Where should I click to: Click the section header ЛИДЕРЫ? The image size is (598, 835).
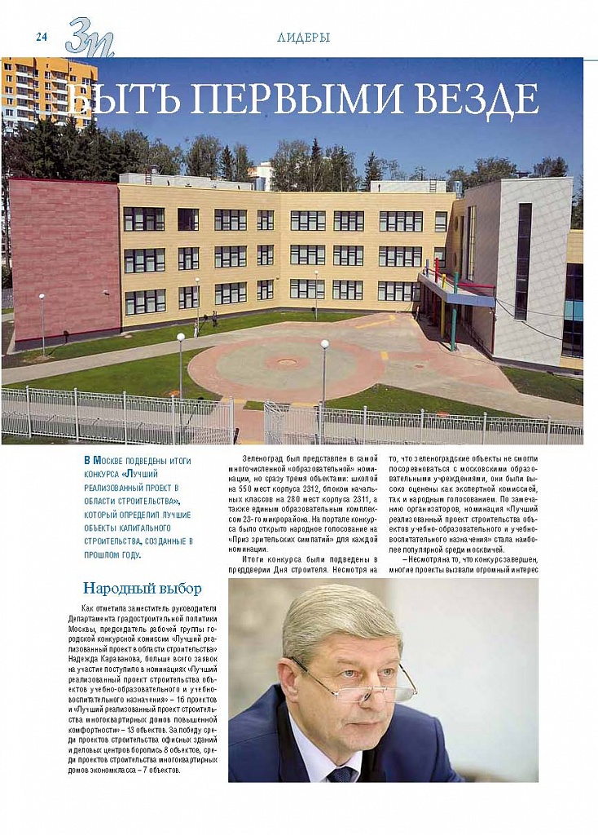click(x=303, y=38)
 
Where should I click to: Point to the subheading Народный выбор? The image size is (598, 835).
click(x=143, y=588)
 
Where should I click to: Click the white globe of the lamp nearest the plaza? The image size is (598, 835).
click(x=324, y=344)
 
